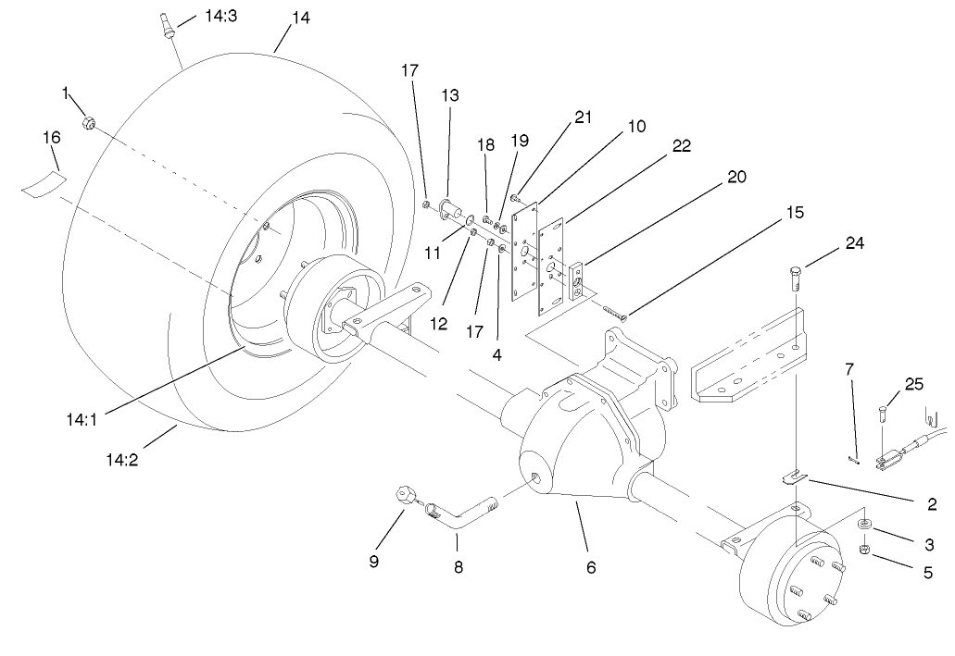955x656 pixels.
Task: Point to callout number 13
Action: (x=450, y=95)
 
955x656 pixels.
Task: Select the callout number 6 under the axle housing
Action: (x=590, y=567)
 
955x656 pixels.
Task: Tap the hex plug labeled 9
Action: (x=404, y=495)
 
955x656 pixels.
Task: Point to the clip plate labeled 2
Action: (x=789, y=477)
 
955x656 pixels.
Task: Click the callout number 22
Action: (x=681, y=146)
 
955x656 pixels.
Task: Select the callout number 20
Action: (x=737, y=176)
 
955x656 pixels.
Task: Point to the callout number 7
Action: (x=848, y=370)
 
